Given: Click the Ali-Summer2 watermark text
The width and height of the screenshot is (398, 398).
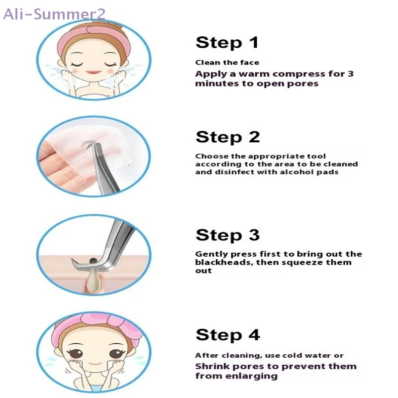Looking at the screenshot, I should click(x=54, y=13).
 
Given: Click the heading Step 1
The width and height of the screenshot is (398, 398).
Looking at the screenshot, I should click(x=227, y=42).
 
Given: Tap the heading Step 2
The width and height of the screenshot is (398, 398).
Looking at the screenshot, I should click(x=227, y=137).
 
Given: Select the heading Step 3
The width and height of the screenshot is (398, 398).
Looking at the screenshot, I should click(x=227, y=235).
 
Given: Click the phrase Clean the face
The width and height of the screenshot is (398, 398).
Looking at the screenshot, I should click(x=227, y=62).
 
